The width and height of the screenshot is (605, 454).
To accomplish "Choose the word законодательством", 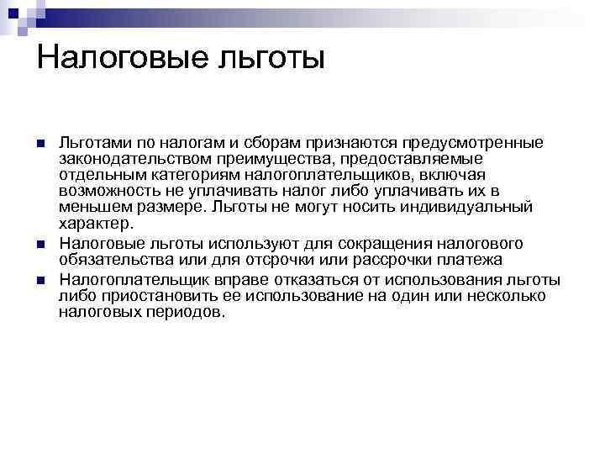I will pyautogui.click(x=129, y=159).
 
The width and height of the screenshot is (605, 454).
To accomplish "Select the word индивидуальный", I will pyautogui.click(x=476, y=207).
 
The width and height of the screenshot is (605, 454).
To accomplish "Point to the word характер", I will pyautogui.click(x=96, y=224).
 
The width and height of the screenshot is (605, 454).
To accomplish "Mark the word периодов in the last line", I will pyautogui.click(x=190, y=312).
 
